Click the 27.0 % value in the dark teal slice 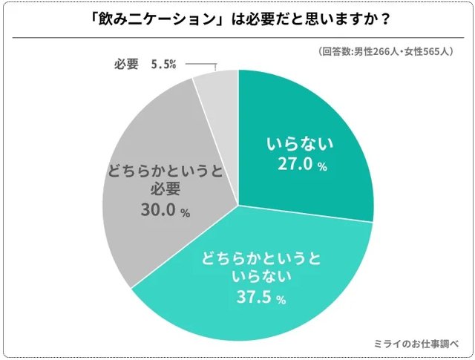[x=301, y=166]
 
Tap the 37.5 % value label [x=261, y=298]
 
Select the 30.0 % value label [x=164, y=211]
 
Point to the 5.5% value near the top [x=163, y=64]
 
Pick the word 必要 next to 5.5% [x=126, y=64]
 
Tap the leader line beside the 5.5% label [x=199, y=65]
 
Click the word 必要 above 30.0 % [x=164, y=191]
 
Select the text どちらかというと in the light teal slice [x=261, y=260]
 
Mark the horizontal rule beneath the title [x=237, y=38]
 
